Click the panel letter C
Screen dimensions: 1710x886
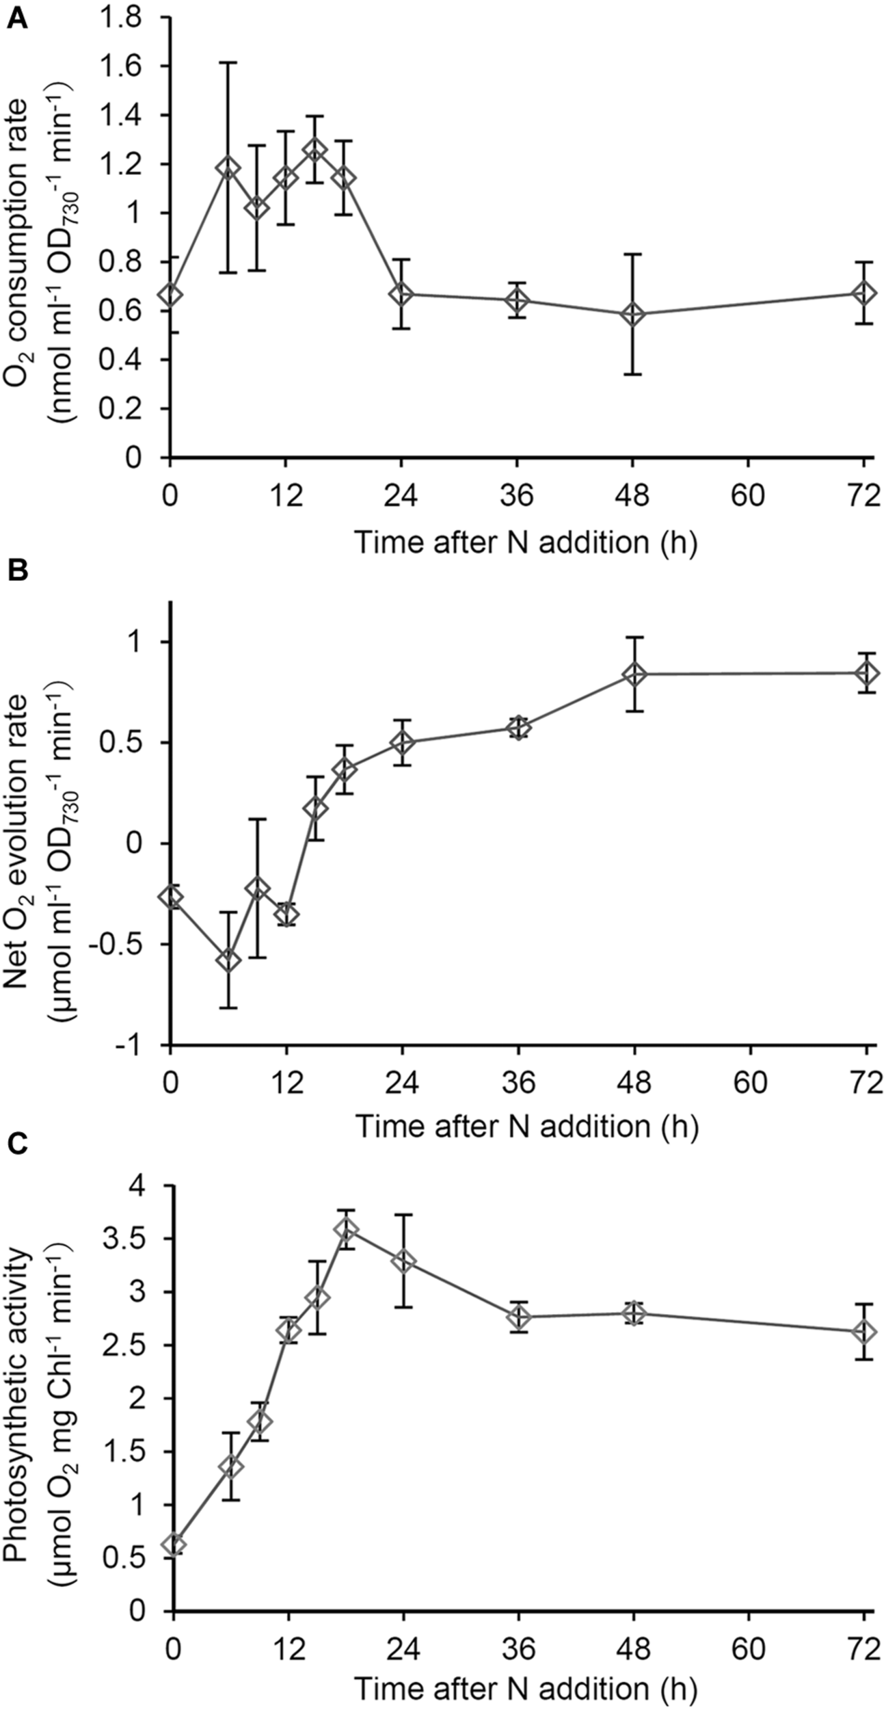point(17,1141)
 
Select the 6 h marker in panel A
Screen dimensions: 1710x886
point(228,168)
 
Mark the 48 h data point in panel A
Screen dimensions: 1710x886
point(633,315)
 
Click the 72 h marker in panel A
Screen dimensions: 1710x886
point(863,293)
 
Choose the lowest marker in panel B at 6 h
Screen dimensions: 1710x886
point(228,960)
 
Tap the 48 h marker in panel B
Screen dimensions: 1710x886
point(635,674)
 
